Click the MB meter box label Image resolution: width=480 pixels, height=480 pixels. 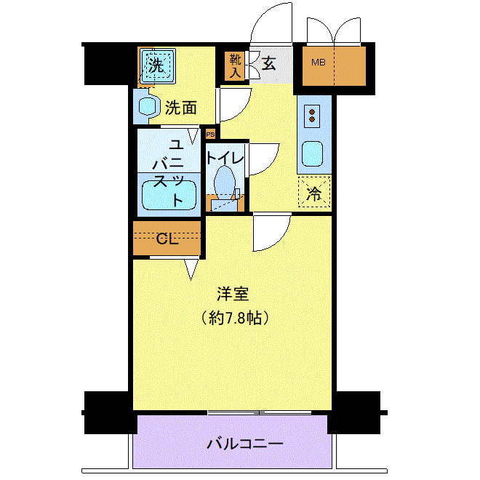point(318,63)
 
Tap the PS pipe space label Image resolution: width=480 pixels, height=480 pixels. point(210,135)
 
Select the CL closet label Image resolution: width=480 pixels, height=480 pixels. point(167,239)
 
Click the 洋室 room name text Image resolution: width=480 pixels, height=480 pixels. point(233,294)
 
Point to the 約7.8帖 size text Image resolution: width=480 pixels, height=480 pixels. point(235,319)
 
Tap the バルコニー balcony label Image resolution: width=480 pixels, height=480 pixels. point(244,444)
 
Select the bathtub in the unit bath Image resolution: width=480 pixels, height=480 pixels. point(169,195)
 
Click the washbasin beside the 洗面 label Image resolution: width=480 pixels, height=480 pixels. point(148,106)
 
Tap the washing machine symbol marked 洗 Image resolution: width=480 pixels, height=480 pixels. point(158,65)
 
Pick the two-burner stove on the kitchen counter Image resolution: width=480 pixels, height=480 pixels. point(312,116)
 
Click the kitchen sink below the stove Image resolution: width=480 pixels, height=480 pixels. point(312,154)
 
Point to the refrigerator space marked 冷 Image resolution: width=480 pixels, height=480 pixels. point(314,191)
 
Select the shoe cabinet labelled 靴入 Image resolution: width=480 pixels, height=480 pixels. point(235,66)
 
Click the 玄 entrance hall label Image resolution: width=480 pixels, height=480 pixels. point(268,64)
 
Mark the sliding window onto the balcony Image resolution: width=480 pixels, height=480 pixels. point(260,412)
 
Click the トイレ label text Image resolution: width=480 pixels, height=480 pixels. point(225,159)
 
